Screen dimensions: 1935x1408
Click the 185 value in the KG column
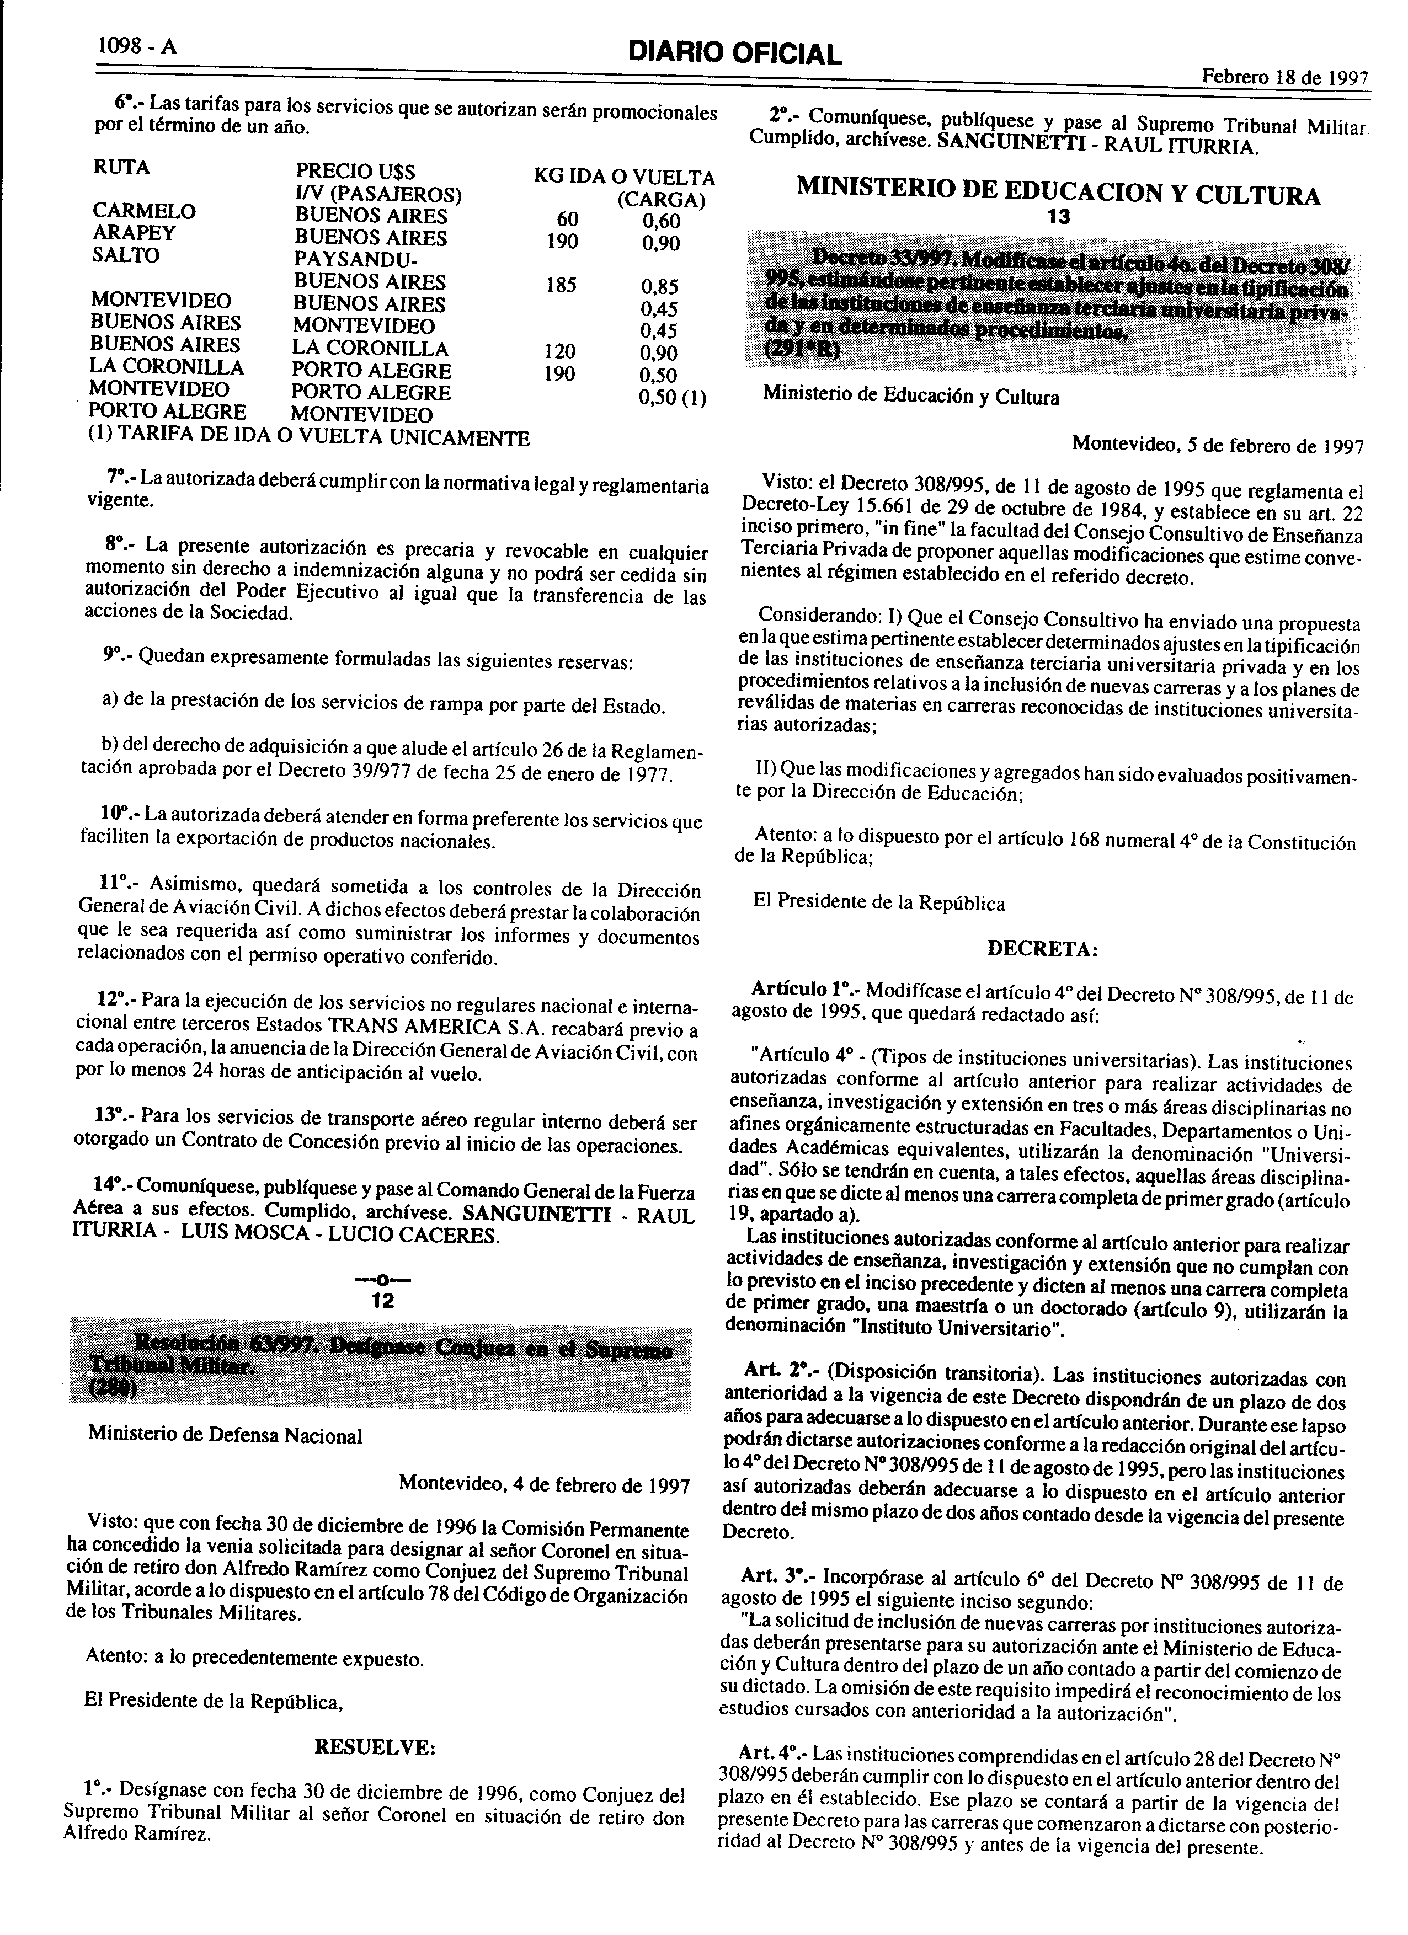[561, 284]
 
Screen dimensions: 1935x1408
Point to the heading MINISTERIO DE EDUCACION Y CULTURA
[1058, 195]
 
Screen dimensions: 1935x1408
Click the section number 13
[1058, 218]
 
